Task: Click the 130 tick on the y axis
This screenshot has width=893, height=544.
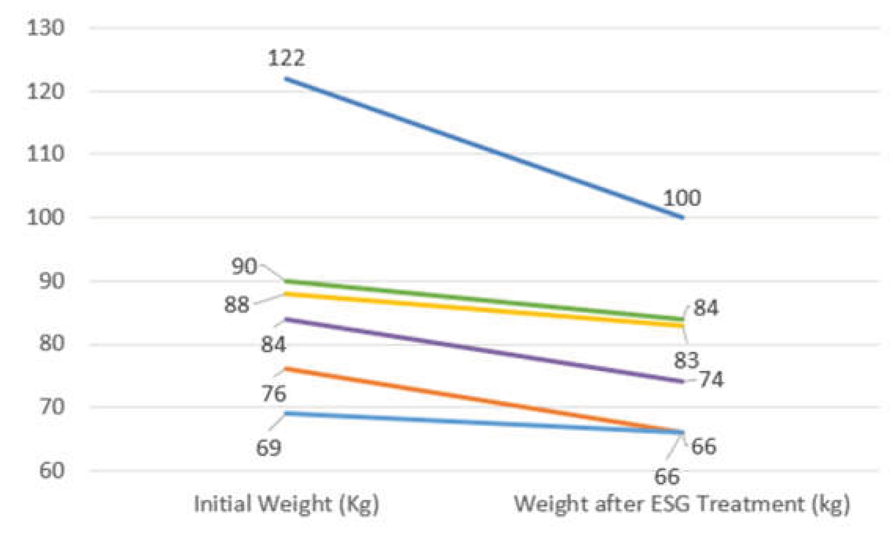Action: (x=45, y=28)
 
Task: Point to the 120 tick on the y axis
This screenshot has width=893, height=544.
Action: (x=45, y=92)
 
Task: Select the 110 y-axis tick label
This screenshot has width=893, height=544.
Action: (x=45, y=154)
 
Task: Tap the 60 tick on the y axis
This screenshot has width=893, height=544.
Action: (x=51, y=470)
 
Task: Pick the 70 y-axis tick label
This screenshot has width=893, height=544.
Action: (x=51, y=407)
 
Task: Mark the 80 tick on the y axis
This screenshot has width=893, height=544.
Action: (x=51, y=344)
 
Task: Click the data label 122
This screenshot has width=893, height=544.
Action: (x=286, y=58)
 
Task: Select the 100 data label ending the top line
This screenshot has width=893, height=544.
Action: (x=682, y=198)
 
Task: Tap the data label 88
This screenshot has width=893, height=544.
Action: (x=237, y=305)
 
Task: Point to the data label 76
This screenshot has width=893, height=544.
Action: (x=274, y=394)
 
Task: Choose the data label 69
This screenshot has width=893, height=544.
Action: (x=269, y=448)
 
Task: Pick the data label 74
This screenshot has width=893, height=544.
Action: (x=711, y=380)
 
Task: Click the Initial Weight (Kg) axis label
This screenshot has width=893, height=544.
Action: (x=287, y=504)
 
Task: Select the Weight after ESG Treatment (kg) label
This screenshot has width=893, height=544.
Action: (x=682, y=504)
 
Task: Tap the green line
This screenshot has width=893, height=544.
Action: (x=484, y=300)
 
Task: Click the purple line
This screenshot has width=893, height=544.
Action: (x=484, y=350)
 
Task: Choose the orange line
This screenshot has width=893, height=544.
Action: (x=484, y=401)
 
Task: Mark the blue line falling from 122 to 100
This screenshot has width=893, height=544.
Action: (x=484, y=148)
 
